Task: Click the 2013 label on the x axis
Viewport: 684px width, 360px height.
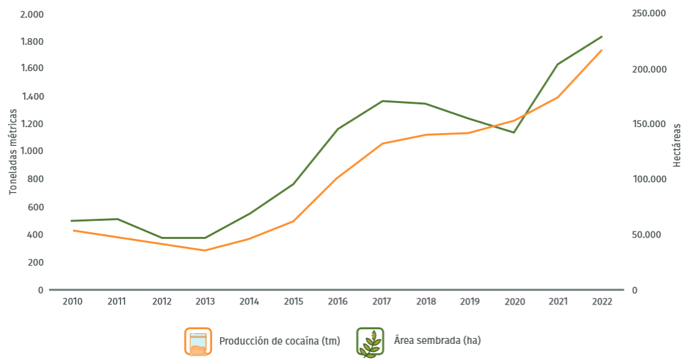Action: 205,302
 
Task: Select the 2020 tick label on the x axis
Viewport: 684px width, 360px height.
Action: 513,302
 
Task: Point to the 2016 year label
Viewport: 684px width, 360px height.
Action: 337,302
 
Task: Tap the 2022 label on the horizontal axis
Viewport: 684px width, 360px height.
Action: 602,302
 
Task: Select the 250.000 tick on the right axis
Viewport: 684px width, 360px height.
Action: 648,14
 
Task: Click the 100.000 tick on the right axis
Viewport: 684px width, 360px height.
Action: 648,179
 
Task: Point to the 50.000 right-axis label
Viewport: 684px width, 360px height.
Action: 646,235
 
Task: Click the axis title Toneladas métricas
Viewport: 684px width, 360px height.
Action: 13,152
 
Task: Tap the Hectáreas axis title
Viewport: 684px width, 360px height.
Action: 677,145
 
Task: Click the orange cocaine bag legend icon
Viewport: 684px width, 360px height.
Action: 197,341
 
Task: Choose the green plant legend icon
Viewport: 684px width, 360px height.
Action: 369,341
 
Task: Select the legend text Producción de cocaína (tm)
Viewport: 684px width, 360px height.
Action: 280,341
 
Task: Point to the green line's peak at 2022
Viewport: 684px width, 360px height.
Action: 602,37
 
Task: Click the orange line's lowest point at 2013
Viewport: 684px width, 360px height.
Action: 205,250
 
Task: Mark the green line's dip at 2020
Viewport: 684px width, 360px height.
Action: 513,132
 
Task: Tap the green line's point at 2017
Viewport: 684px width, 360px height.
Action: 381,101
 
